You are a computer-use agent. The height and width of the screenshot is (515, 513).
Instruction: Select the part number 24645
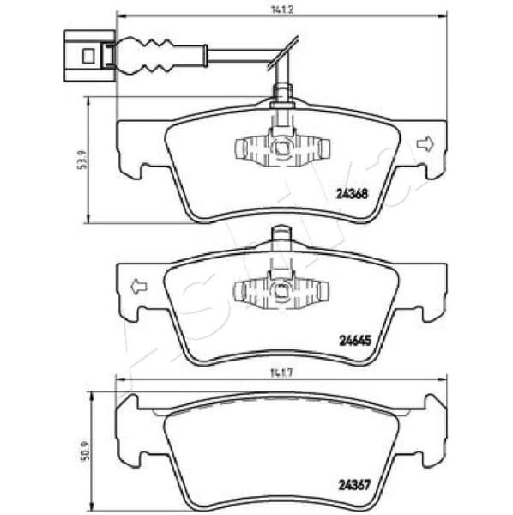tap(353, 340)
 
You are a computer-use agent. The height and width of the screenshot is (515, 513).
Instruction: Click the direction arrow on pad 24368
tap(425, 142)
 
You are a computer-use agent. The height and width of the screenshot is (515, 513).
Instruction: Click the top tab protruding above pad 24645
tap(281, 235)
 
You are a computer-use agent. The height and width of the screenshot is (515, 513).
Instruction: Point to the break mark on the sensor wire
tap(284, 53)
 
